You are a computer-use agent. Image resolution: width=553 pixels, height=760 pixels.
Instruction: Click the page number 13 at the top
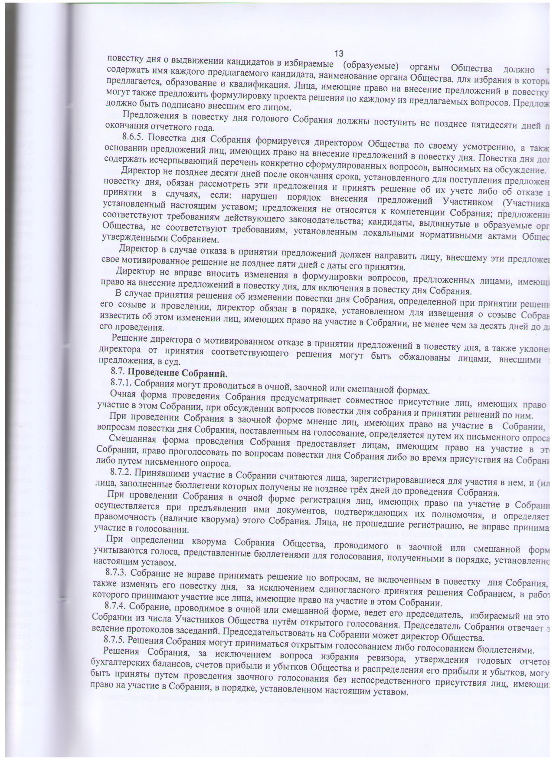pyautogui.click(x=339, y=53)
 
